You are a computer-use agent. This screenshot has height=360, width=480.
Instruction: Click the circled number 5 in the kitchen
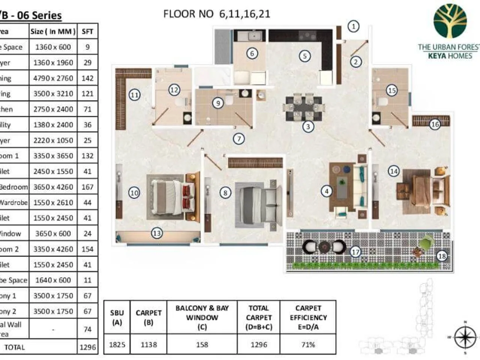[x=305, y=56]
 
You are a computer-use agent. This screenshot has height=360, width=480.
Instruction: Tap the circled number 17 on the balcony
[x=355, y=252]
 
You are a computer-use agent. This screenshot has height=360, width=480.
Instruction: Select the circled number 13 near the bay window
[x=157, y=233]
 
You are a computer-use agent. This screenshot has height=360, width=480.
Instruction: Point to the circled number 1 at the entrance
[x=353, y=26]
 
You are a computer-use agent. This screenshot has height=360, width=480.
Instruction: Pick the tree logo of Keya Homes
[x=450, y=21]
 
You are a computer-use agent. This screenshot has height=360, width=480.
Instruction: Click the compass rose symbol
[x=465, y=337]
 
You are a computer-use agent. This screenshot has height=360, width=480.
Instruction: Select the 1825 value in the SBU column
[x=117, y=344]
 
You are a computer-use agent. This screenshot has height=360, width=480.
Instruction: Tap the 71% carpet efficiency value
[x=308, y=344]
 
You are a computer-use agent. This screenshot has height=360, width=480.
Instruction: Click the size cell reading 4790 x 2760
[x=53, y=78]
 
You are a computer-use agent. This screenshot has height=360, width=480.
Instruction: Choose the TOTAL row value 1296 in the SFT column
[x=88, y=347]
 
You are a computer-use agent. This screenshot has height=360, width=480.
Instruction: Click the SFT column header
[x=87, y=31]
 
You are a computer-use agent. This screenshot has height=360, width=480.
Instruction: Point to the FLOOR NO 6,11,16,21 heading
[x=217, y=14]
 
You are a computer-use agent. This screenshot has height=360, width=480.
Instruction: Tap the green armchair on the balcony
[x=426, y=242]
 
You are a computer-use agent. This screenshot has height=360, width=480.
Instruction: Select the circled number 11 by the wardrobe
[x=135, y=95]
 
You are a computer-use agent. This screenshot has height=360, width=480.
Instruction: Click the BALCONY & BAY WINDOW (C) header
[x=202, y=317]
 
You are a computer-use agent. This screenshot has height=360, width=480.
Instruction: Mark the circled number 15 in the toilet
[x=392, y=90]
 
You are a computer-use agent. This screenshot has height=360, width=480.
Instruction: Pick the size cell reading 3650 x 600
[x=53, y=233]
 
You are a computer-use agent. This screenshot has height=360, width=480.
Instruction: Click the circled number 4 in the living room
[x=327, y=191]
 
